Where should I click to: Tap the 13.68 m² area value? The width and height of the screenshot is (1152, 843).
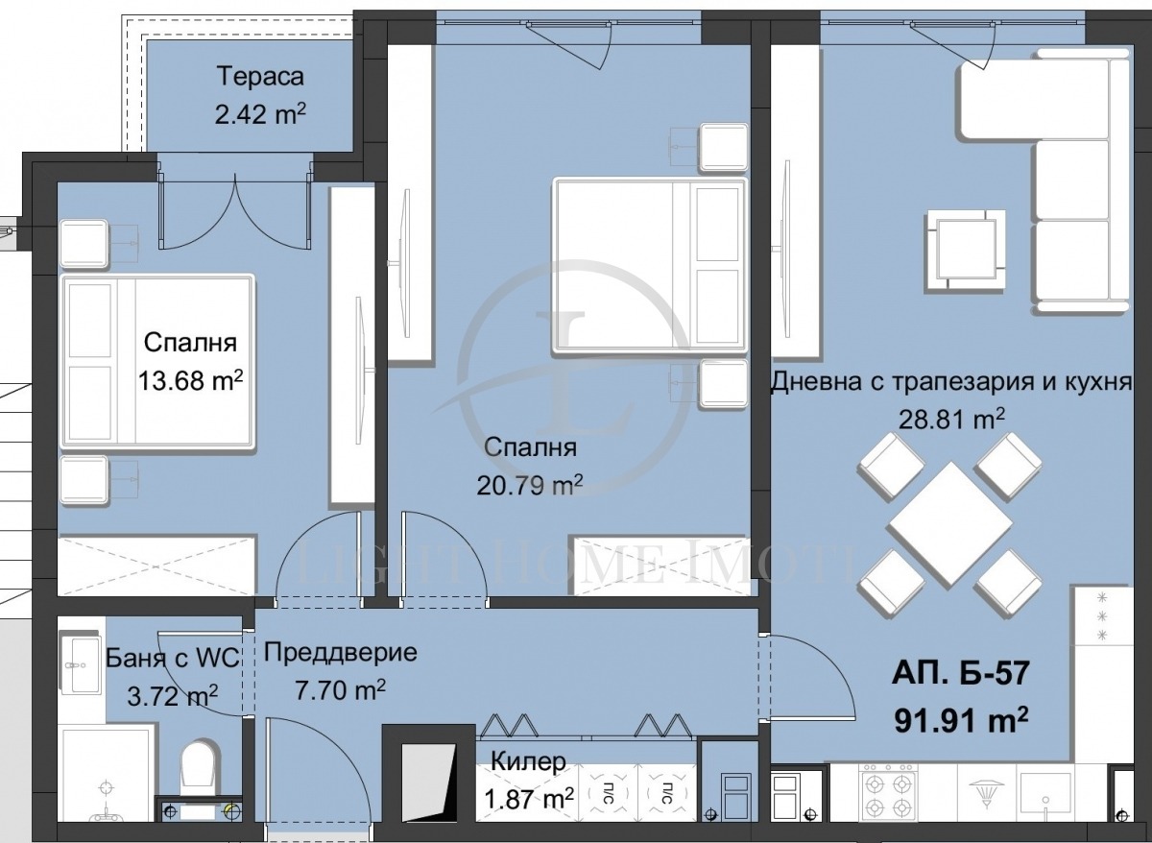point(190,382)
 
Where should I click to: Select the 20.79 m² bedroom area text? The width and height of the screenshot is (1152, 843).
point(530,486)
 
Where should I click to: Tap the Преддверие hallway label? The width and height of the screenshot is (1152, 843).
point(340,653)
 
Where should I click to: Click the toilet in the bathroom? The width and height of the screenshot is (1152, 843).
point(201,774)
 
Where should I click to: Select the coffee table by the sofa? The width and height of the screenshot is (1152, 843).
point(965,248)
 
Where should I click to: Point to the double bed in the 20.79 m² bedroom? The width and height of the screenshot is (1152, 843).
point(649,268)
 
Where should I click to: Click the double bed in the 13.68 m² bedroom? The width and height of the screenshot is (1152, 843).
point(157,362)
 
